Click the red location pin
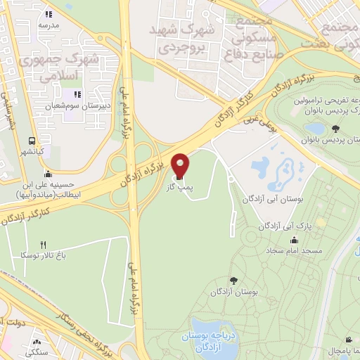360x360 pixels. [180, 166]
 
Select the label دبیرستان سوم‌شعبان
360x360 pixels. [75, 107]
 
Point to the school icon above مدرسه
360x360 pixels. [49, 13]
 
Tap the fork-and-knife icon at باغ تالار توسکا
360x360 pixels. [42, 244]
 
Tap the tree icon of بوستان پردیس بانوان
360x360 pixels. [335, 128]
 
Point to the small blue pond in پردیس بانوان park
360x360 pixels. [316, 129]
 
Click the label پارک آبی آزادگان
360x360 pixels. [304, 226]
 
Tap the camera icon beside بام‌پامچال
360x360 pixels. [330, 349]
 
